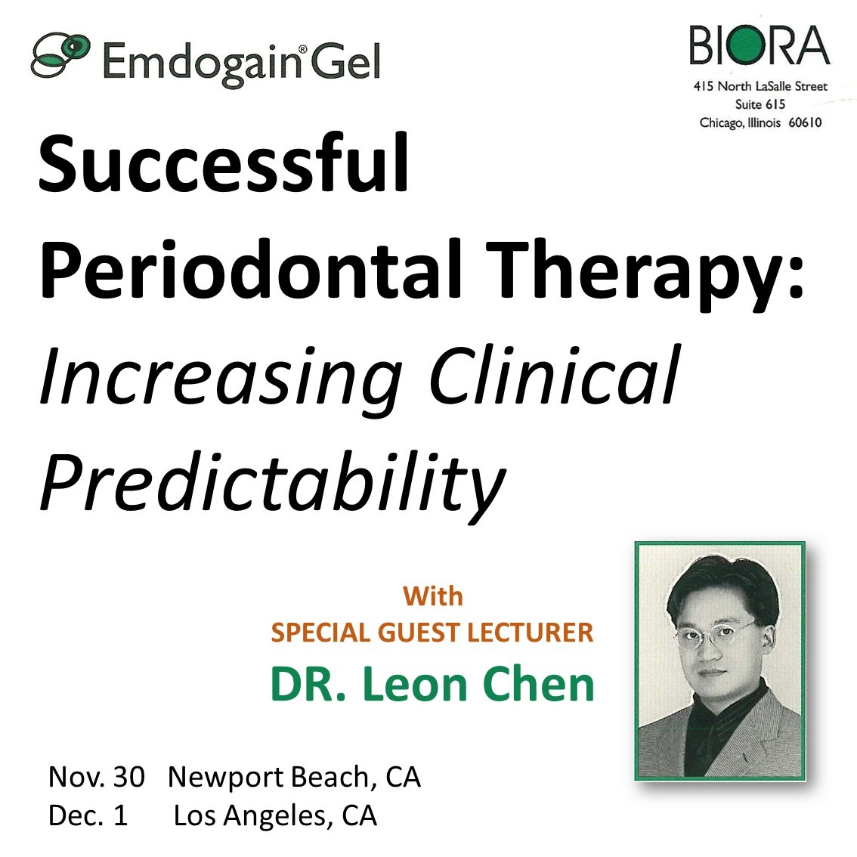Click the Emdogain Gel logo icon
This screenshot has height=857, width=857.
tap(60, 55)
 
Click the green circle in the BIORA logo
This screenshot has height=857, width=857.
tap(742, 45)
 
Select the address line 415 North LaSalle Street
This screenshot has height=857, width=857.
tap(760, 86)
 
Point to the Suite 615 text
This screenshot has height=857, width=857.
tap(760, 104)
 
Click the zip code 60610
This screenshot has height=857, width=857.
tap(805, 122)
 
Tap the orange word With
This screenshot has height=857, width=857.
tap(433, 596)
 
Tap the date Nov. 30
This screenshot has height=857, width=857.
tap(96, 777)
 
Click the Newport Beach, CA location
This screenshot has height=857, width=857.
tap(294, 778)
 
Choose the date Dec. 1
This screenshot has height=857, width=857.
tap(88, 815)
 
